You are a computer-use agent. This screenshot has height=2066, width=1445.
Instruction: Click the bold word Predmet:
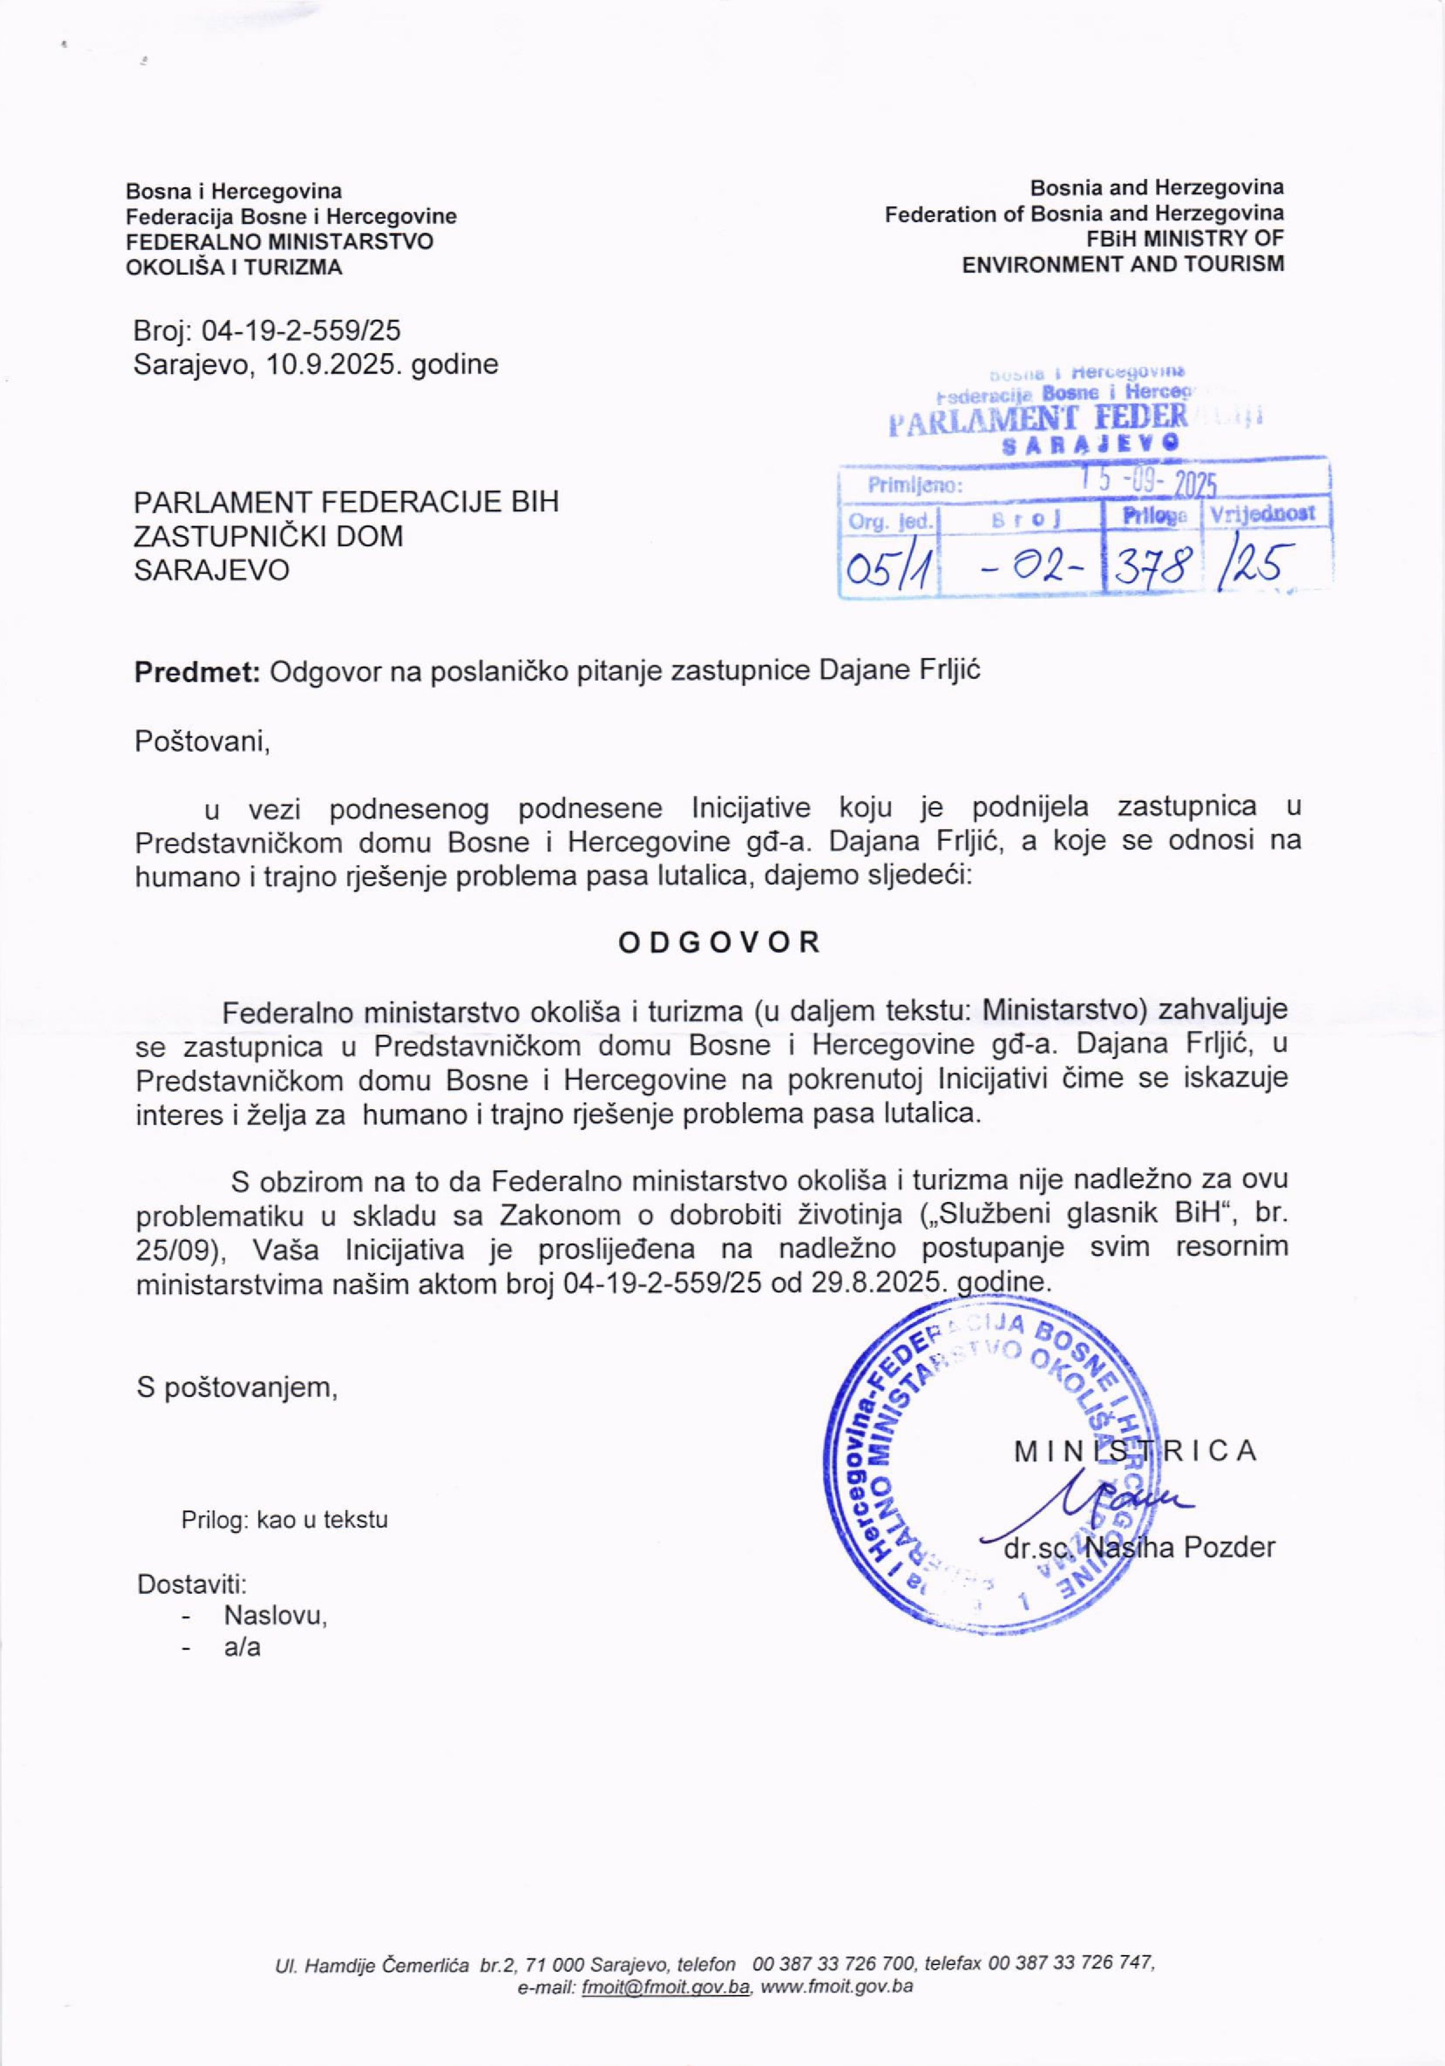click(197, 672)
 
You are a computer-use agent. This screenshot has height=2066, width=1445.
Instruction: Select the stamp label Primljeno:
click(915, 487)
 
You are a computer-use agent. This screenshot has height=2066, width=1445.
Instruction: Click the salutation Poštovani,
click(202, 743)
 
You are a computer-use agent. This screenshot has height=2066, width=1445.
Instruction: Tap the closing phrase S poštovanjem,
click(236, 1387)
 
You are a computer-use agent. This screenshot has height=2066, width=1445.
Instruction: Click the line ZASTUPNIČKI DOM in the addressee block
click(268, 536)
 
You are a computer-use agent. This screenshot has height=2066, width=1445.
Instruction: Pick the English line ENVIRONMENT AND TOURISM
click(1123, 264)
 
